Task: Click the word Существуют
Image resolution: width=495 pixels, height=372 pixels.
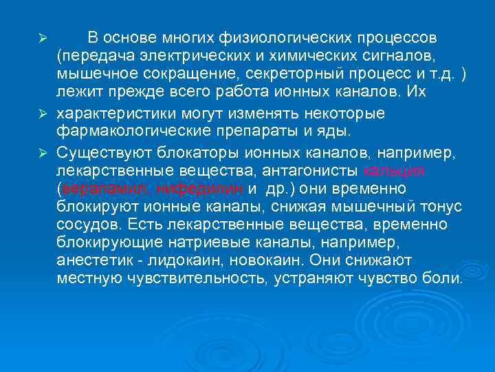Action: click(100, 152)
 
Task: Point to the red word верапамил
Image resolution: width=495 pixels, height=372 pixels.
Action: click(106, 189)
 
